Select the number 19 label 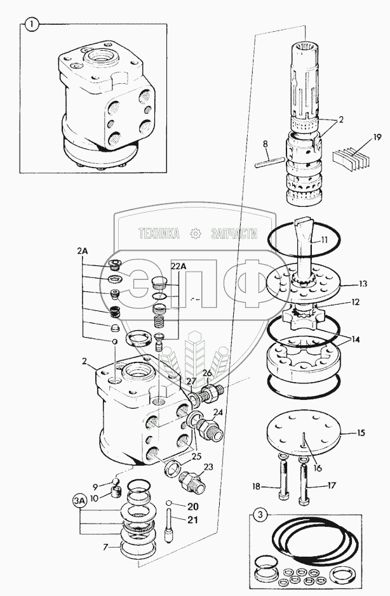(377, 137)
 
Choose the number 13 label (363, 283)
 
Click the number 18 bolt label (257, 487)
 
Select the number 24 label (218, 411)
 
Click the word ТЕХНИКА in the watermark (158, 234)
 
